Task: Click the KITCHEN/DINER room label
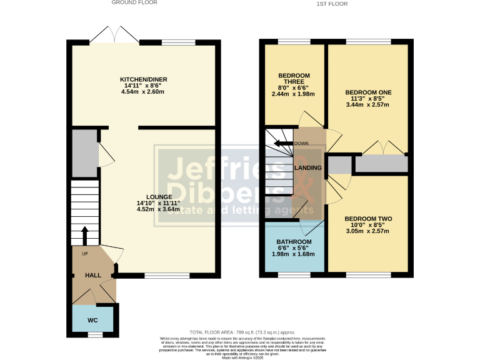(x=144, y=79)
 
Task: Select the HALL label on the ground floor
(x=93, y=276)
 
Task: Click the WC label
(x=92, y=320)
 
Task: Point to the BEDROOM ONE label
(x=368, y=92)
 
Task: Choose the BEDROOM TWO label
(x=368, y=219)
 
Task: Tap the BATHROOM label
(x=294, y=242)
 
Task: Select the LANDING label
(x=308, y=168)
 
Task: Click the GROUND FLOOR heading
(x=134, y=3)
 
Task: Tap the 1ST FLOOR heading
(x=332, y=4)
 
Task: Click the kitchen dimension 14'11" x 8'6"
(x=144, y=86)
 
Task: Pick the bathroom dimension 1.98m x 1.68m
(x=294, y=254)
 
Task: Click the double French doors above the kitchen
(x=115, y=36)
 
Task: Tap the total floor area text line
(x=241, y=332)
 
